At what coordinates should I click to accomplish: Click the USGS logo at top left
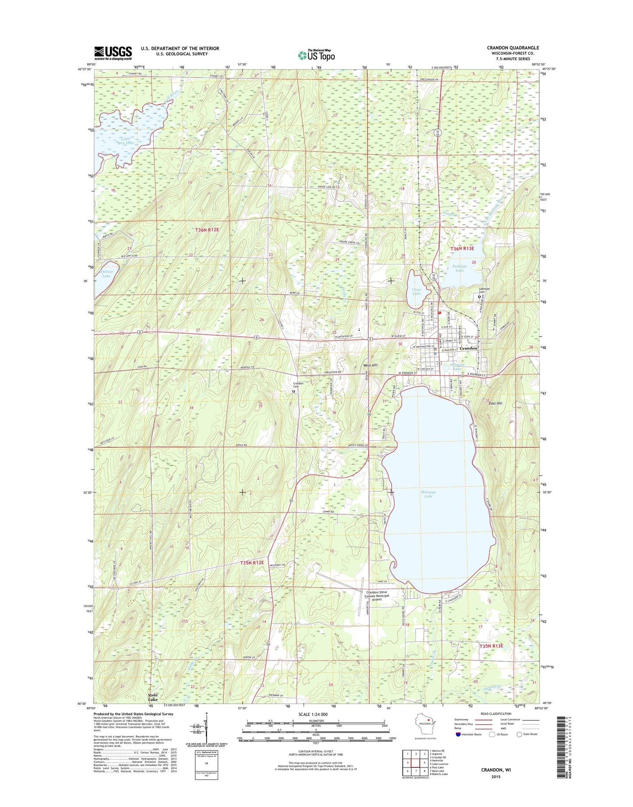click(113, 53)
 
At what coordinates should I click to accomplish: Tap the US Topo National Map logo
click(316, 55)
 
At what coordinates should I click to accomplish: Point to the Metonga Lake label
click(428, 494)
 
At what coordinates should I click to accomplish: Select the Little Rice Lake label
click(126, 140)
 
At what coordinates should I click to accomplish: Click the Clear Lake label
click(416, 291)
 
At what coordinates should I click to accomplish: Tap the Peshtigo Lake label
click(460, 268)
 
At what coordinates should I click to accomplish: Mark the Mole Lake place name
click(152, 697)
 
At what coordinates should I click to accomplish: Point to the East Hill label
click(495, 403)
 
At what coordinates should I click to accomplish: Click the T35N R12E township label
click(252, 563)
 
